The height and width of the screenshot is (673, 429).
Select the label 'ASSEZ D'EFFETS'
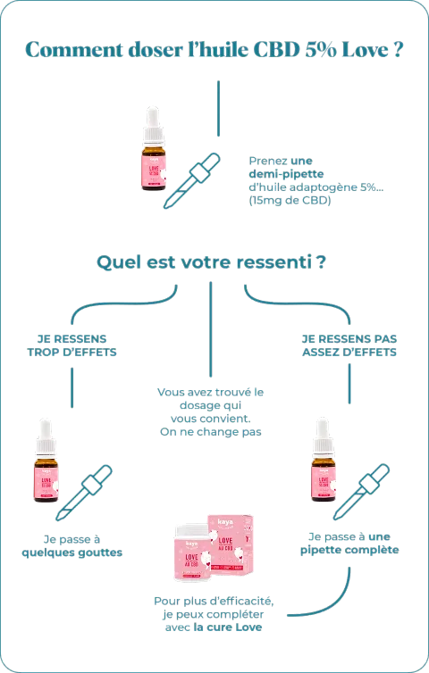349,352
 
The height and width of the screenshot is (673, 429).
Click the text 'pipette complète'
349,551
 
